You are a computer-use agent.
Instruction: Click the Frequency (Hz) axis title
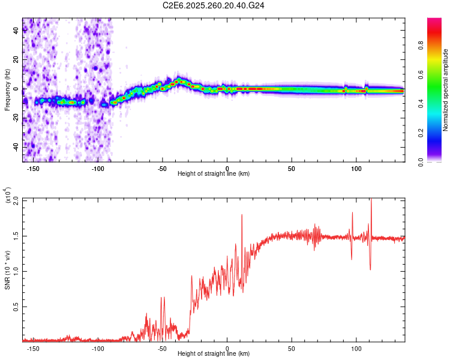(x=7, y=89)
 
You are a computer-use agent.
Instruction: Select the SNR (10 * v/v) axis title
(x=7, y=269)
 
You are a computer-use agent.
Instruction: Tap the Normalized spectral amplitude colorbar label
(x=445, y=90)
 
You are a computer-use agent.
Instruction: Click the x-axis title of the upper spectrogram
(x=214, y=173)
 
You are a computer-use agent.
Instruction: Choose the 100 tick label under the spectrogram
(x=356, y=167)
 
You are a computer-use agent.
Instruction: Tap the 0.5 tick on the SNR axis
(x=16, y=307)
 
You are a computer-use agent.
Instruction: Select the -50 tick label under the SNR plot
(x=162, y=347)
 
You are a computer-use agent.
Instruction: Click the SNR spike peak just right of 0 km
(x=242, y=215)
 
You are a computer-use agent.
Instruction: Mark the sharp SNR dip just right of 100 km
(x=370, y=269)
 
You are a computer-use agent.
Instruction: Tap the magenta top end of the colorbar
(x=434, y=21)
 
